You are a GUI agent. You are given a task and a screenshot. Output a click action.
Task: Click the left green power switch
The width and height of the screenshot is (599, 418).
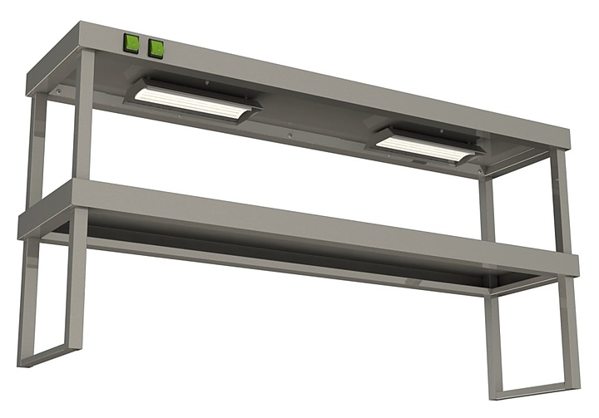coord(131,44)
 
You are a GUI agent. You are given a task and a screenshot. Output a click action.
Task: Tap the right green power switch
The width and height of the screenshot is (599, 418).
coord(156,49)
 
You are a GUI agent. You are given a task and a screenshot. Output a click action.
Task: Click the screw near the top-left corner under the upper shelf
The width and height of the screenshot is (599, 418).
coord(57,91)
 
